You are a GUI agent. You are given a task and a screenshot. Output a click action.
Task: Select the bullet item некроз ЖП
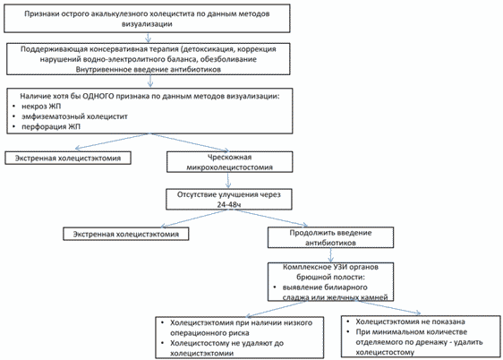41,107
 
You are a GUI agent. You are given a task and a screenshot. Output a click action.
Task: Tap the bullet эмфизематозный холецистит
74,116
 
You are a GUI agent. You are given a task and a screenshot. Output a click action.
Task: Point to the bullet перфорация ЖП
51,127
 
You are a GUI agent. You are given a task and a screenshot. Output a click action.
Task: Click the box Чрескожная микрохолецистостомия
230,162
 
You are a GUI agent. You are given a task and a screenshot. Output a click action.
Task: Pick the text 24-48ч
229,204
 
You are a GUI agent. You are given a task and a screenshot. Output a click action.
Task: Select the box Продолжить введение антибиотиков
331,237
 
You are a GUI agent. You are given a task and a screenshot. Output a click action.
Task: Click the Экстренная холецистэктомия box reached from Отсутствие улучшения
125,234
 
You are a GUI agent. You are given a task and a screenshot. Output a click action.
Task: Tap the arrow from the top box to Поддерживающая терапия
148,38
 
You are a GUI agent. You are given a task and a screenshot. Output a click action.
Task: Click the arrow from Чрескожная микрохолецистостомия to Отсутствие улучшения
228,181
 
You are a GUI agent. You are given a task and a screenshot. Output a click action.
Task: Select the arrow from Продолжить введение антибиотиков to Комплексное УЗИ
331,255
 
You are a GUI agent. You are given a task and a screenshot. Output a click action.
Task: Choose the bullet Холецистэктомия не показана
410,321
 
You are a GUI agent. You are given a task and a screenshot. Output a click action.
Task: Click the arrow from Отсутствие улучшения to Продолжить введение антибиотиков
271,218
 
